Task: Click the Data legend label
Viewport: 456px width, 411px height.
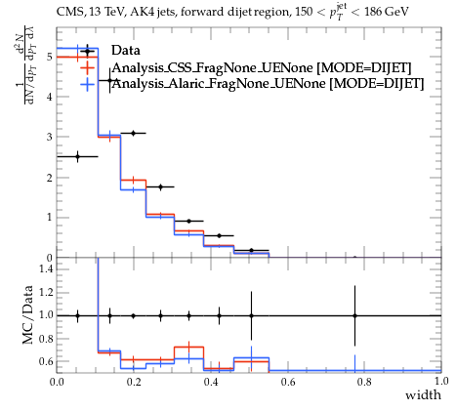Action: pos(126,51)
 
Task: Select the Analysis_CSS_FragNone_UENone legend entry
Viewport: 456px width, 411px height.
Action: pos(262,68)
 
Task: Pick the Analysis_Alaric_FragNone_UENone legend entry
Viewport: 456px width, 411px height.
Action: pos(268,84)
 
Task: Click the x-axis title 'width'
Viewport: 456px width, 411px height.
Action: pos(423,395)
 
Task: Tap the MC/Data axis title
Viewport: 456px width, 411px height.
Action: pos(27,314)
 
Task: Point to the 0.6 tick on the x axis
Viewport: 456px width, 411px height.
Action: pos(288,382)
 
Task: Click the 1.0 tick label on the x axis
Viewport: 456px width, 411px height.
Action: pos(441,381)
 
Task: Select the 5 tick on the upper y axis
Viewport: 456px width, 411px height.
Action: pos(49,57)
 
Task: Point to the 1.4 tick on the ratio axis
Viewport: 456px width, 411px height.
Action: pos(46,268)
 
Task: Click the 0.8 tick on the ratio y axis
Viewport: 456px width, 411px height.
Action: pos(46,339)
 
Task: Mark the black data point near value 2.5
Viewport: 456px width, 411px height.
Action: pos(77,156)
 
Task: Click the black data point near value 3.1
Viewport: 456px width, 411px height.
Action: pos(133,133)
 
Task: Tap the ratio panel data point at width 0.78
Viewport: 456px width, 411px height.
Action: pos(354,315)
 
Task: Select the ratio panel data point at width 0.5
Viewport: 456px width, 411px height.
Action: pos(251,315)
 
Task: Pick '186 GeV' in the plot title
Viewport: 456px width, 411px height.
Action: pos(387,12)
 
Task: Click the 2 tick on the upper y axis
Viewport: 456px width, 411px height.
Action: pos(49,178)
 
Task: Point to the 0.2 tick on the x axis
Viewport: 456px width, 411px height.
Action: pos(134,382)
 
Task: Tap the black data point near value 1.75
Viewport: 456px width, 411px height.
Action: pos(160,186)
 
